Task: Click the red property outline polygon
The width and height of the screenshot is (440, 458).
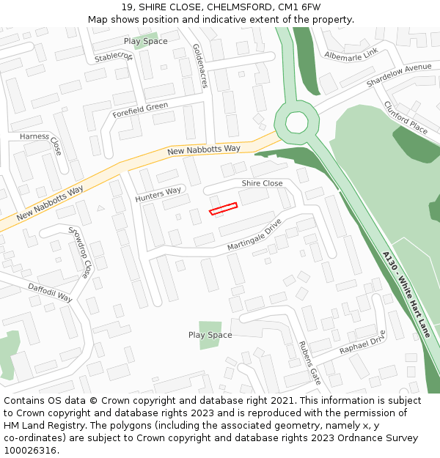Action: click(x=224, y=209)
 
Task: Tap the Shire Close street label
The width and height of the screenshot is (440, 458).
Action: click(x=262, y=183)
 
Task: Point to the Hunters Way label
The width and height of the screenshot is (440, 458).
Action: click(x=158, y=195)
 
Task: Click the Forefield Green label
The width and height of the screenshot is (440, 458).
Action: click(x=140, y=111)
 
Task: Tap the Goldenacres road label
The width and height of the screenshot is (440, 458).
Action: click(x=199, y=65)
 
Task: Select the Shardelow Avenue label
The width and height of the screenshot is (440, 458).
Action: click(x=398, y=76)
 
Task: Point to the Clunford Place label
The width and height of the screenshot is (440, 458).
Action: click(x=406, y=117)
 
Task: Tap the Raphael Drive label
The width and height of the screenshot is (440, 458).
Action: click(x=362, y=343)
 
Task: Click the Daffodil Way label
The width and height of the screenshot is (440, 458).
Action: click(x=50, y=292)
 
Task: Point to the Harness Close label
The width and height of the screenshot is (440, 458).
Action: click(x=44, y=141)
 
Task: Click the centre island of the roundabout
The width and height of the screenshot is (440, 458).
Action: click(x=297, y=122)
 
